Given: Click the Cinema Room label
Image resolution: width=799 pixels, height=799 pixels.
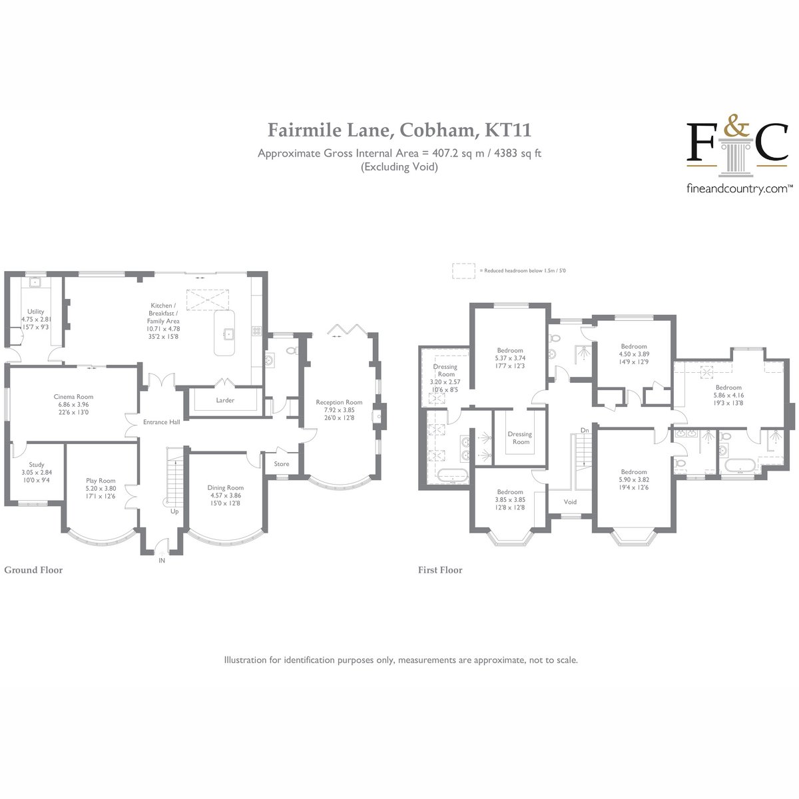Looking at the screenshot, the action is tap(73, 396).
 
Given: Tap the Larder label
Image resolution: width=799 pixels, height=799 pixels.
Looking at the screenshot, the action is tap(225, 400).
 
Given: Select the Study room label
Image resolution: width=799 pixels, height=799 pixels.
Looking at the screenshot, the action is tap(37, 464).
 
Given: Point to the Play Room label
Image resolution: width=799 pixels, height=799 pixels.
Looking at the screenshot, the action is tap(101, 481).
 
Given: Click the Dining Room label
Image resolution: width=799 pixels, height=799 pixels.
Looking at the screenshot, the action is tap(226, 487).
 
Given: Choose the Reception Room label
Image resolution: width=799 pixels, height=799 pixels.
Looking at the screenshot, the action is tap(339, 401).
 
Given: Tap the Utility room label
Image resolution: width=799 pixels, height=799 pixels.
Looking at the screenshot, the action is tap(36, 312).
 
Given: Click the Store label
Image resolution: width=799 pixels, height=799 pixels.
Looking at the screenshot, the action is tap(282, 463).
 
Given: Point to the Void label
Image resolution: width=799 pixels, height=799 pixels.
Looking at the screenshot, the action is tap(570, 502).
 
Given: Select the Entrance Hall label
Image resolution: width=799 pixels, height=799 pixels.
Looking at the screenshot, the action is tap(162, 421).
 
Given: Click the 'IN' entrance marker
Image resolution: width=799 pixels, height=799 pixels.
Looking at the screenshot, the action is tap(162, 560).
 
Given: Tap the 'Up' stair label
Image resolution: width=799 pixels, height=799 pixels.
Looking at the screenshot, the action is tap(174, 511).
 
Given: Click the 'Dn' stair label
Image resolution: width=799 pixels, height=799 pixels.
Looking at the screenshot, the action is tap(585, 430).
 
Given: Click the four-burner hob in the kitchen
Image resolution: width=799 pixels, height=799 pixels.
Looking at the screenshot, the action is tap(257, 330).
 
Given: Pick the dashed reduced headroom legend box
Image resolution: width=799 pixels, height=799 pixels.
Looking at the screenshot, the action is tap(463, 271).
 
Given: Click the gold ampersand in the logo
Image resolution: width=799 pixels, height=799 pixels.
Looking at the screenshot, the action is tap(736, 125).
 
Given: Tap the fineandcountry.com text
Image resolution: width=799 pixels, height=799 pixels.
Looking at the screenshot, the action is tap(737, 189).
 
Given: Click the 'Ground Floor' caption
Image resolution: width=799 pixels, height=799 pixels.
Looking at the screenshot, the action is tap(33, 570).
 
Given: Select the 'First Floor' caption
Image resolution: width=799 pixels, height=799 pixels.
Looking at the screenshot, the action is tap(440, 570).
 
